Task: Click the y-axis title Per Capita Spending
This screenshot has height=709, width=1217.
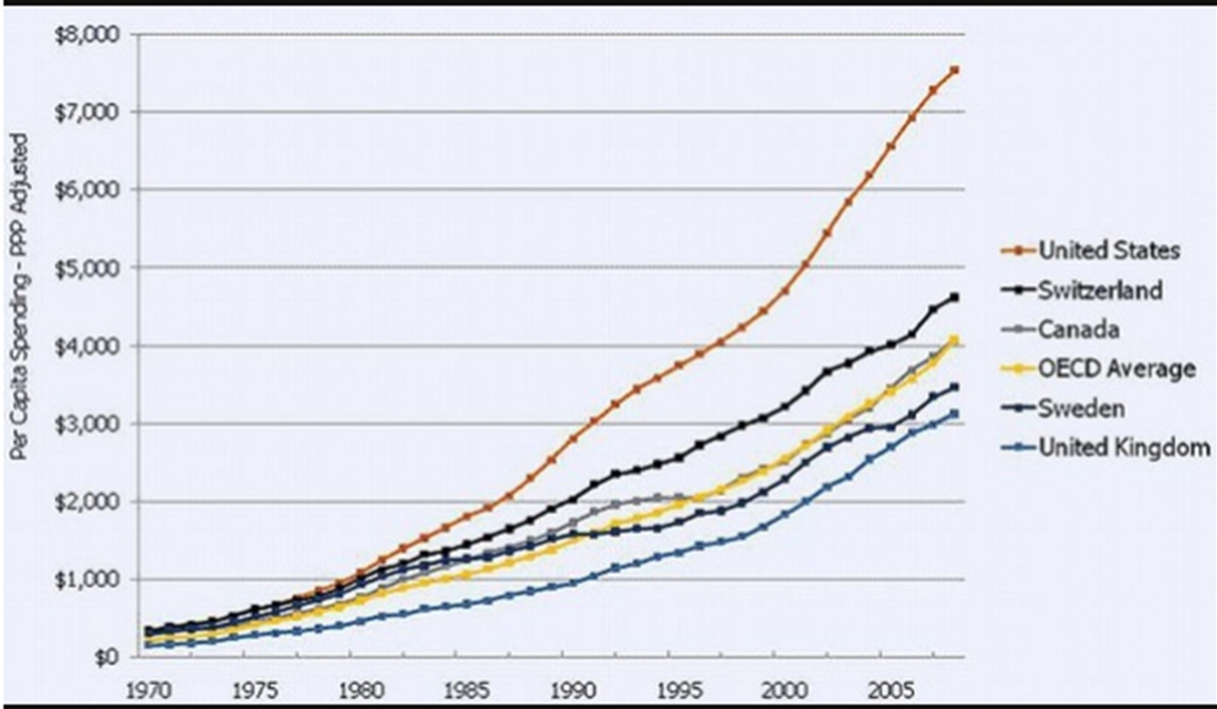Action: click(20, 299)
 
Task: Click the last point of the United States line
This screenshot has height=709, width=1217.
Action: click(954, 70)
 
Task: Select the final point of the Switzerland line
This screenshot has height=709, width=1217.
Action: click(954, 297)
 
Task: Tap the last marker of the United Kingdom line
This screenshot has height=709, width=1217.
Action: click(954, 413)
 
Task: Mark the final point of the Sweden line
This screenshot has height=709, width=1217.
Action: click(954, 386)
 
